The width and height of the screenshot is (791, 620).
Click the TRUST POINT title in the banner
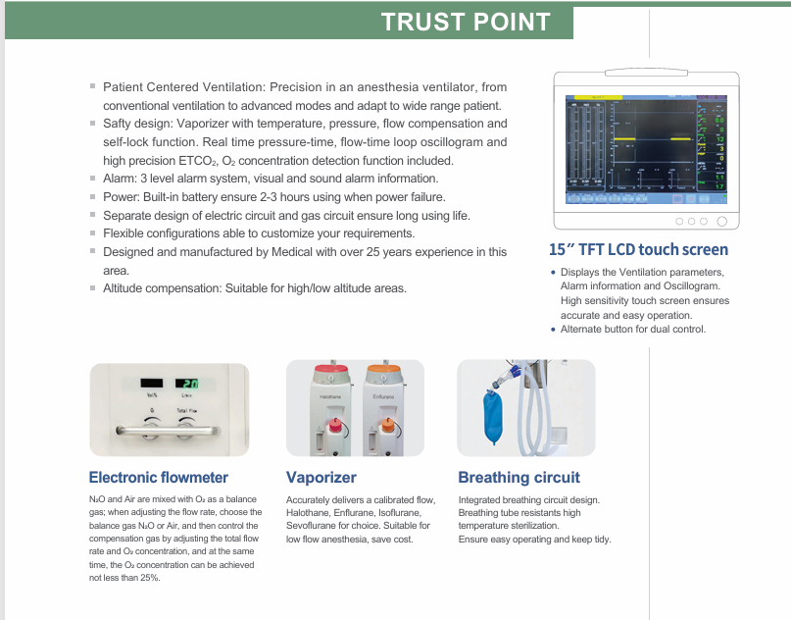(466, 22)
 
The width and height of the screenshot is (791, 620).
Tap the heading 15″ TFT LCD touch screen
(638, 249)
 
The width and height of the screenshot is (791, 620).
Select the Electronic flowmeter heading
(158, 478)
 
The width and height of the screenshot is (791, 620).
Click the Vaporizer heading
(321, 478)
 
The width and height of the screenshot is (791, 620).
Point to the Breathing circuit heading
(519, 478)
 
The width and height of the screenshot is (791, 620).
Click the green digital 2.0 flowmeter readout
(187, 384)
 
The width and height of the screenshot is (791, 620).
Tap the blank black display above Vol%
(151, 384)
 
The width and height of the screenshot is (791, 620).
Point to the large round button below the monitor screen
(721, 222)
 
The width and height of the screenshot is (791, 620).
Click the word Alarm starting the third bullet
(120, 179)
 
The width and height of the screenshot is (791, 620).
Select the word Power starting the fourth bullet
(121, 196)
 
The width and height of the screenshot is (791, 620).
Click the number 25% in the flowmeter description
(150, 578)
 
